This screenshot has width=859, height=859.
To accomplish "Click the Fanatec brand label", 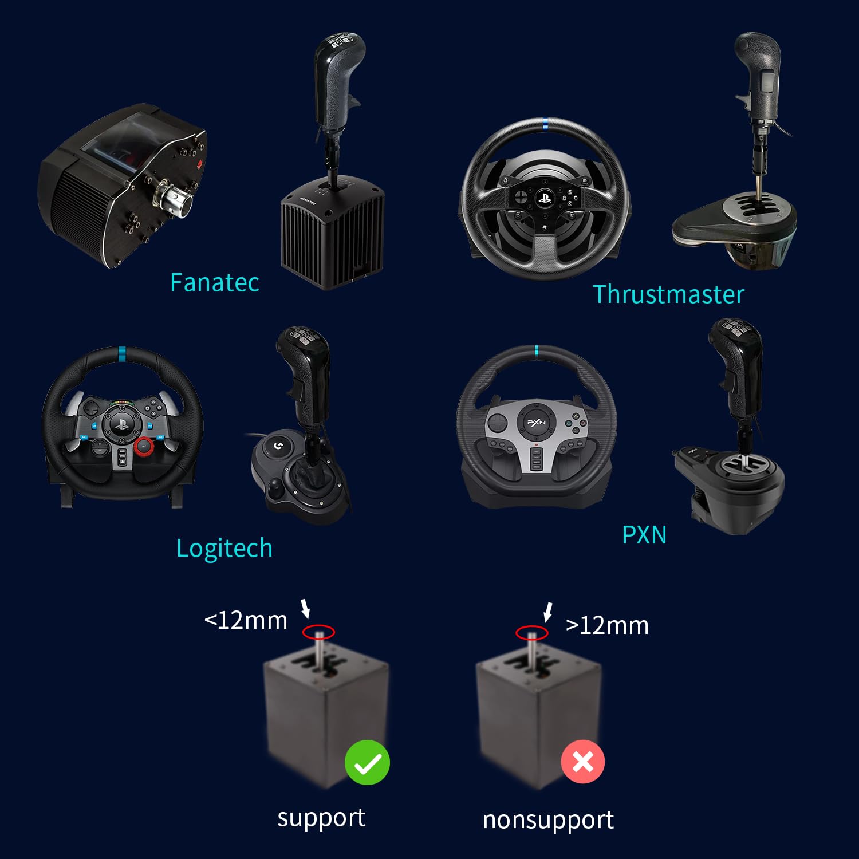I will tap(214, 282).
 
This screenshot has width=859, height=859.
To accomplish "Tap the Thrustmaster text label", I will tap(668, 294).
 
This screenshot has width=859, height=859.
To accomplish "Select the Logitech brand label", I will tap(224, 548).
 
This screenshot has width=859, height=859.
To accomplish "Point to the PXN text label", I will tap(644, 535).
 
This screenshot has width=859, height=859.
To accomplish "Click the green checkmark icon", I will tap(367, 763).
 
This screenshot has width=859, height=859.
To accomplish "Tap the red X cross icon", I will tap(582, 762).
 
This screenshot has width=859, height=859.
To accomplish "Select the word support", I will tap(321, 818).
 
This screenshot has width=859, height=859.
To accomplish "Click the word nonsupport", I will tap(548, 820).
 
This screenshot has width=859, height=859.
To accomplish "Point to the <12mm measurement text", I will tap(246, 621).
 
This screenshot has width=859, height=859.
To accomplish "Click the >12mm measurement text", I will tap(607, 625).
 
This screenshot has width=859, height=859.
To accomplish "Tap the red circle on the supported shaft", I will tap(318, 632).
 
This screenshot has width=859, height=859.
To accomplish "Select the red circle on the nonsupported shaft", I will tap(531, 633).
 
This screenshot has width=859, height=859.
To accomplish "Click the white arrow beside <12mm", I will tap(306, 609).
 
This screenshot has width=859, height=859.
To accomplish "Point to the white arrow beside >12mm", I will tap(548, 612).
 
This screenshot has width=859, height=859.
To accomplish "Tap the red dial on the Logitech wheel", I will tap(144, 446).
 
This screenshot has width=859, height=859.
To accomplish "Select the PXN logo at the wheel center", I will tap(536, 423).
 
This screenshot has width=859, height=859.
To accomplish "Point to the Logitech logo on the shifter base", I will tap(278, 445).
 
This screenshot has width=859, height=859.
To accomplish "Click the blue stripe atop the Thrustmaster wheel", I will tap(545, 124).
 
